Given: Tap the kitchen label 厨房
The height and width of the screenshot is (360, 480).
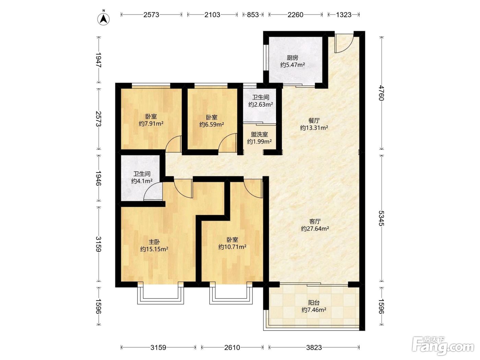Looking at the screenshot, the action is (x=292, y=58).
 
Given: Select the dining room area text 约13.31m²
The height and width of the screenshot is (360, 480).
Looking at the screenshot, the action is (x=314, y=128).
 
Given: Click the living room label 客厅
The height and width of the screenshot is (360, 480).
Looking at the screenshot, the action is (x=315, y=221).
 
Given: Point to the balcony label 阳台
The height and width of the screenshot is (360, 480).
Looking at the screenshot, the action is (x=314, y=303).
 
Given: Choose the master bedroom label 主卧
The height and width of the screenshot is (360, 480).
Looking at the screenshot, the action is (x=154, y=242).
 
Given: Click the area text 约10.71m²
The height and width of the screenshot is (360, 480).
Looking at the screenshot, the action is (x=232, y=247).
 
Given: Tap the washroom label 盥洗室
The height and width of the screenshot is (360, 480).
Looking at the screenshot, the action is (x=259, y=134).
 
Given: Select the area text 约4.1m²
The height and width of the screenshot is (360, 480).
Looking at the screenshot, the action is (x=142, y=181).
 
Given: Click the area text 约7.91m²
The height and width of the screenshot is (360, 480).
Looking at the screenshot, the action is (x=151, y=124).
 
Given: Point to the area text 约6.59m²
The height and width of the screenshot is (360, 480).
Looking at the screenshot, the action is (x=212, y=124).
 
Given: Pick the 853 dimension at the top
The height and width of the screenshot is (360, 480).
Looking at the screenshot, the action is (x=253, y=15).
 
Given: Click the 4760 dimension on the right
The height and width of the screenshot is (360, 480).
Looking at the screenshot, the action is (x=381, y=93).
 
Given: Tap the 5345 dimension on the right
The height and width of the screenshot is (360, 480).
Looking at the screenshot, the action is (x=381, y=218).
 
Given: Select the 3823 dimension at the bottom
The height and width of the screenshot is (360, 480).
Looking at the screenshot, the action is (x=314, y=347).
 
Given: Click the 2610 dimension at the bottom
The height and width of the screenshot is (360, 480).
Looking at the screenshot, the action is (x=232, y=347).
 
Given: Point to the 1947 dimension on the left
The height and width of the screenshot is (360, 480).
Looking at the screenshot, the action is (x=99, y=60).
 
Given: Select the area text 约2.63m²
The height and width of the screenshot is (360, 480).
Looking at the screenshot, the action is (x=261, y=105).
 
